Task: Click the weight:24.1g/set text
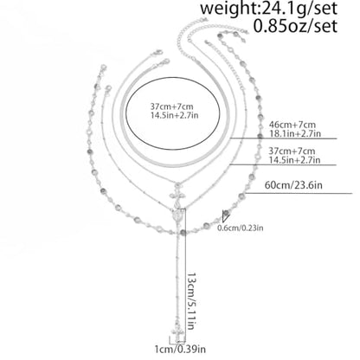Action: coord(268,8)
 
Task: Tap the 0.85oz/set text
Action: coord(295,26)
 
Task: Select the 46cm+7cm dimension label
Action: coord(292,125)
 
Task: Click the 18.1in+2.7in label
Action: coord(295,133)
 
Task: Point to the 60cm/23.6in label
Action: coord(293,185)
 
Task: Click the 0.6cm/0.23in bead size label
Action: coord(241,228)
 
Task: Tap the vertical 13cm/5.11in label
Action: coord(192,301)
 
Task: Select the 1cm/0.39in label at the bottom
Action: coord(180,350)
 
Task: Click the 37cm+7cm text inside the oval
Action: coord(171,106)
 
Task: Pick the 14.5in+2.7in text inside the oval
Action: coord(174,115)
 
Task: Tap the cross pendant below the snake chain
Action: coord(177,195)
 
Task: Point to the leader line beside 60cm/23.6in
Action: coord(299,193)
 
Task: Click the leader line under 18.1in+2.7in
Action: coord(284,138)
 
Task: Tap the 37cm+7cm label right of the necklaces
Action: coord(292,151)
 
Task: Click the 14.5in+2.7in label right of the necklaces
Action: coord(294,159)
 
